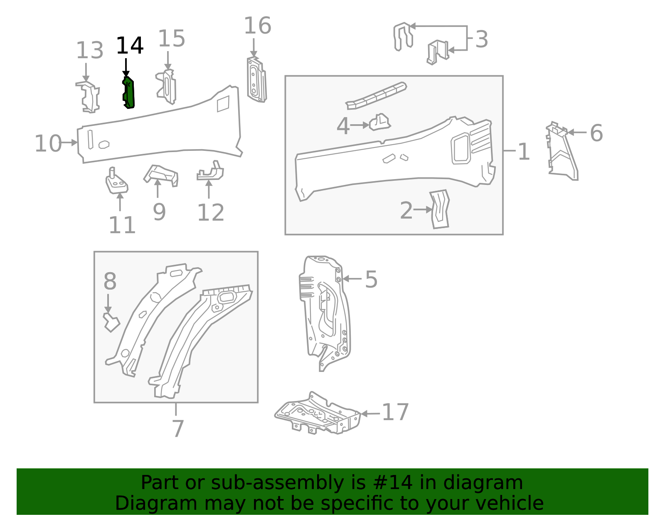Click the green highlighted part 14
129,93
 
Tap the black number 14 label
130,46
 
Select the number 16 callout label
257,26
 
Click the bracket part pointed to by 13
89,98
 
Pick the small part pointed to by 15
167,87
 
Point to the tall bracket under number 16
256,81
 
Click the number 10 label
48,144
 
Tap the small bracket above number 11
116,182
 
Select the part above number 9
162,175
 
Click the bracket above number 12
211,172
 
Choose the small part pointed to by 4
379,122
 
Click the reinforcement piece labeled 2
440,209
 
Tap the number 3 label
481,39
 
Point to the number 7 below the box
177,428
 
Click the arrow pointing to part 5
352,279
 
